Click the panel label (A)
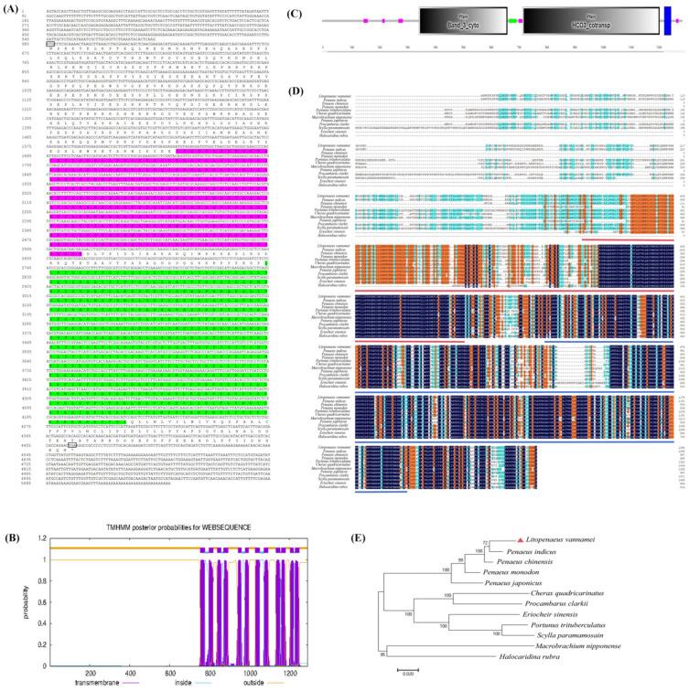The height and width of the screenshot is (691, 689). pyautogui.click(x=11, y=5)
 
